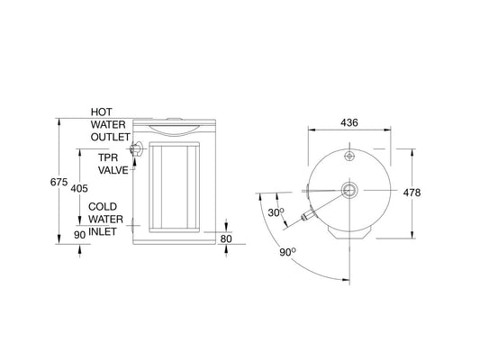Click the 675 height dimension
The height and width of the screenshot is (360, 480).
coord(59,182)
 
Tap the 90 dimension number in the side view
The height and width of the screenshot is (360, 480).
coord(79,235)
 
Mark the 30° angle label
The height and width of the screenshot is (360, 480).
coord(277,212)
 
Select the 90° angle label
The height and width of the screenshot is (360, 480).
coord(287,253)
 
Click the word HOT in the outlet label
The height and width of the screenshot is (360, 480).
coord(102,112)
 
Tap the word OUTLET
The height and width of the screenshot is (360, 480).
coord(111,138)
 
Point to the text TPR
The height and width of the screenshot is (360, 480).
coord(108,157)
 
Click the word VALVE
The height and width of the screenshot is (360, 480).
coord(113,169)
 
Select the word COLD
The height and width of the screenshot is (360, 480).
coord(103,206)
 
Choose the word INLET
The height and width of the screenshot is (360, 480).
coord(104,231)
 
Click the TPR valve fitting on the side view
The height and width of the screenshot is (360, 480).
coord(137,151)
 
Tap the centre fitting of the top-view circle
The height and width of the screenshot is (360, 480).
coord(349,190)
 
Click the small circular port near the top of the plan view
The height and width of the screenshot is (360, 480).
coord(349,156)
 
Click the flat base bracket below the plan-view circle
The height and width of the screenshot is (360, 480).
coord(349,232)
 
